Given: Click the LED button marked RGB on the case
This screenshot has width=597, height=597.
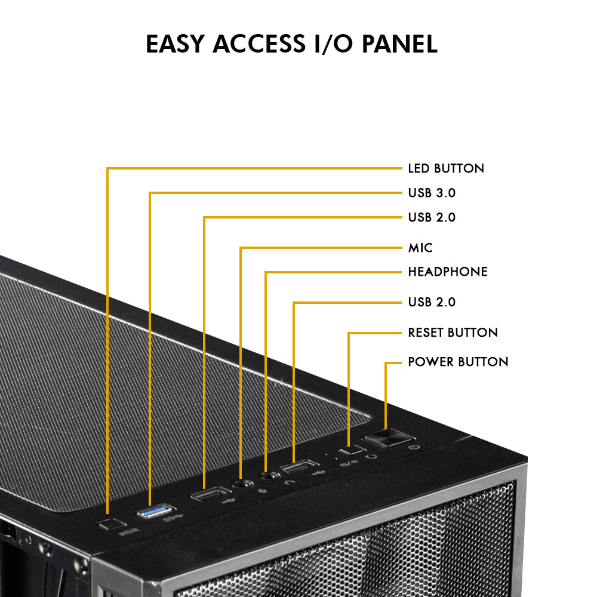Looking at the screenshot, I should tap(107, 524).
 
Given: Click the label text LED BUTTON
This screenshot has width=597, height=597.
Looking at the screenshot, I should tap(446, 168).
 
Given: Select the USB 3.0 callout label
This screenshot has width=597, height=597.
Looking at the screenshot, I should tap(432, 193).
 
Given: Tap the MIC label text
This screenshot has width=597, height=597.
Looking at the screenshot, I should tap(420, 248).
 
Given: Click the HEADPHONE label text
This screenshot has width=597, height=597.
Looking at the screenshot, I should tap(448, 272).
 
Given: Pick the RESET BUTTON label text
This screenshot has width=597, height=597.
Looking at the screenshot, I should tap(453, 333).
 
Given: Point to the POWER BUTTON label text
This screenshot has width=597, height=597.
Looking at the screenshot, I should tap(458, 362).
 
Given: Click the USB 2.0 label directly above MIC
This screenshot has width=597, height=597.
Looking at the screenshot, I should tap(432, 217).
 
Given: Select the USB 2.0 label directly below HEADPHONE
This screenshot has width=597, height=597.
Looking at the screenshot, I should tap(432, 303).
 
